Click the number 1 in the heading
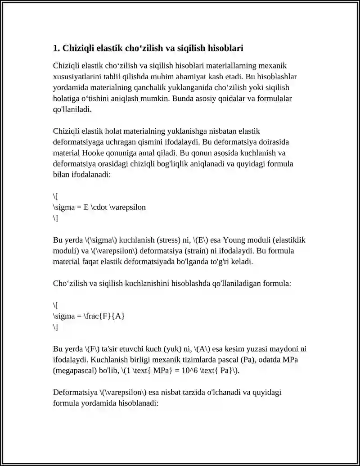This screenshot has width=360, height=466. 55,48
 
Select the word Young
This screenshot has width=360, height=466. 235,240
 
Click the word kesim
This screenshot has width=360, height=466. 243,349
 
